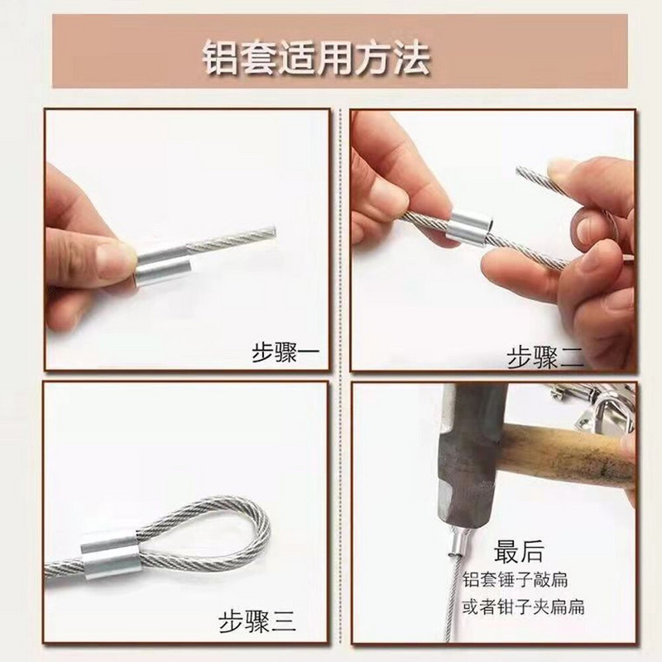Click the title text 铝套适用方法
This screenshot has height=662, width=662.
(316, 58)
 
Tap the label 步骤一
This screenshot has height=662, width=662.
(285, 353)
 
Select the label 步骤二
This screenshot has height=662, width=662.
(545, 357)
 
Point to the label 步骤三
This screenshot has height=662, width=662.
(257, 621)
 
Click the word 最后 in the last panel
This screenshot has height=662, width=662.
(518, 551)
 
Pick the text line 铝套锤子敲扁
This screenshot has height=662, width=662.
(515, 580)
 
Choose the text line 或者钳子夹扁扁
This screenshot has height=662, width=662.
(524, 607)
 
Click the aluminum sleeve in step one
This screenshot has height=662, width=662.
(161, 265)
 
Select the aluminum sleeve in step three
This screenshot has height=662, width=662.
(111, 556)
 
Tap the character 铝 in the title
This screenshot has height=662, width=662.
(220, 58)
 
